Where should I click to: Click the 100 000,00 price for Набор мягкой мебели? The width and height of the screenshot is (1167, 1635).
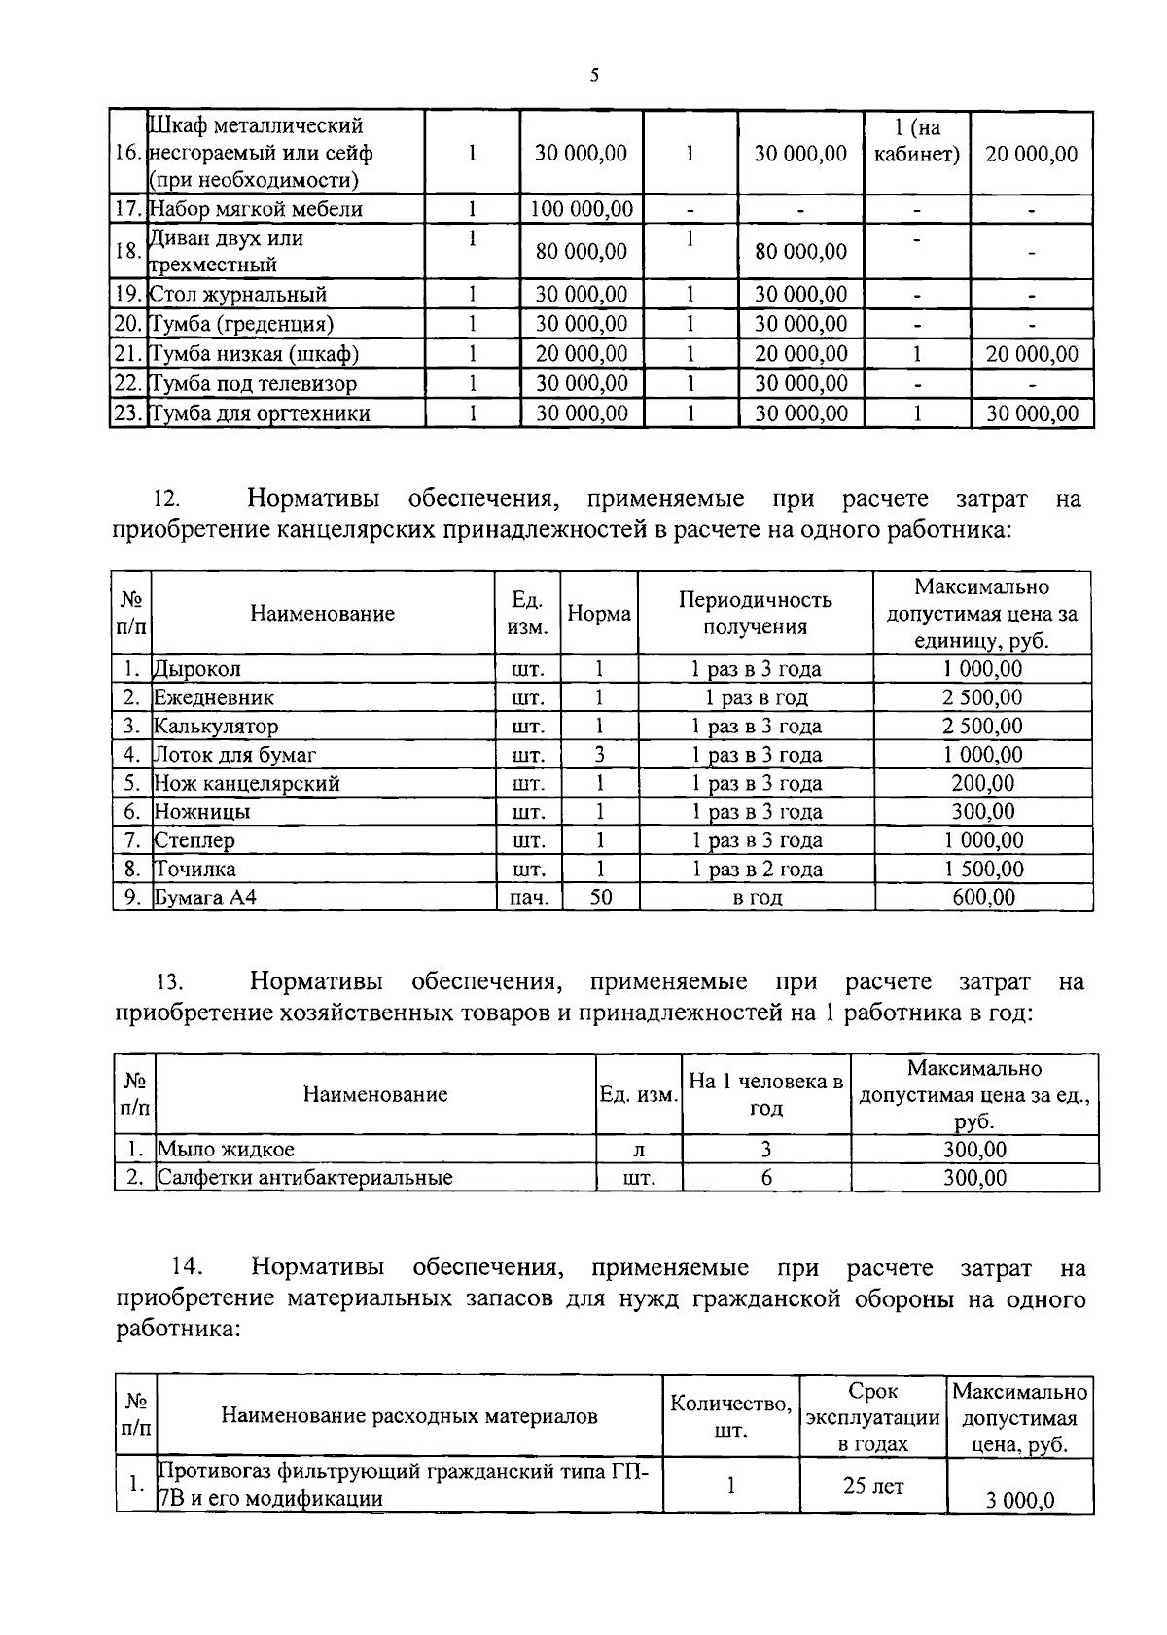pyautogui.click(x=582, y=209)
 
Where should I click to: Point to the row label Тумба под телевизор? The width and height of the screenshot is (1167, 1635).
pyautogui.click(x=254, y=384)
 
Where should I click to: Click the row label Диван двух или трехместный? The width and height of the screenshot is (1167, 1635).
pyautogui.click(x=226, y=252)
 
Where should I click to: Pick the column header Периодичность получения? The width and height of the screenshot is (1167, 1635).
pyautogui.click(x=756, y=613)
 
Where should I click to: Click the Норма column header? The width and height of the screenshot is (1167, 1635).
pyautogui.click(x=599, y=614)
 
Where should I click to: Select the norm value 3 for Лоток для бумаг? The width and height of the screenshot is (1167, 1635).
pyautogui.click(x=600, y=755)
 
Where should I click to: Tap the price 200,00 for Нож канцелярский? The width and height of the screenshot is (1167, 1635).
pyautogui.click(x=982, y=783)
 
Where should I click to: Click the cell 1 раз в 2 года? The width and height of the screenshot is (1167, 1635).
pyautogui.click(x=756, y=869)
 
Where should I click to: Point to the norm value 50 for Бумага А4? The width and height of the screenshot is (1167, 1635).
pyautogui.click(x=600, y=897)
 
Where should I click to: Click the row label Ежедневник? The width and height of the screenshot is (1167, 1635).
pyautogui.click(x=214, y=697)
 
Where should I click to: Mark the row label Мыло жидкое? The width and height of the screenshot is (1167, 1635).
pyautogui.click(x=227, y=1150)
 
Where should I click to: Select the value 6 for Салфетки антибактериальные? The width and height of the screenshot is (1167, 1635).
pyautogui.click(x=766, y=1178)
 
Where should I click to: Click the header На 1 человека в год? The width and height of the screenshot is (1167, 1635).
pyautogui.click(x=765, y=1094)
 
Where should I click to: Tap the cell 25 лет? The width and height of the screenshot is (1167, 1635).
pyautogui.click(x=872, y=1486)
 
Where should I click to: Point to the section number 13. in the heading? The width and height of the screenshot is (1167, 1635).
pyautogui.click(x=170, y=982)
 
